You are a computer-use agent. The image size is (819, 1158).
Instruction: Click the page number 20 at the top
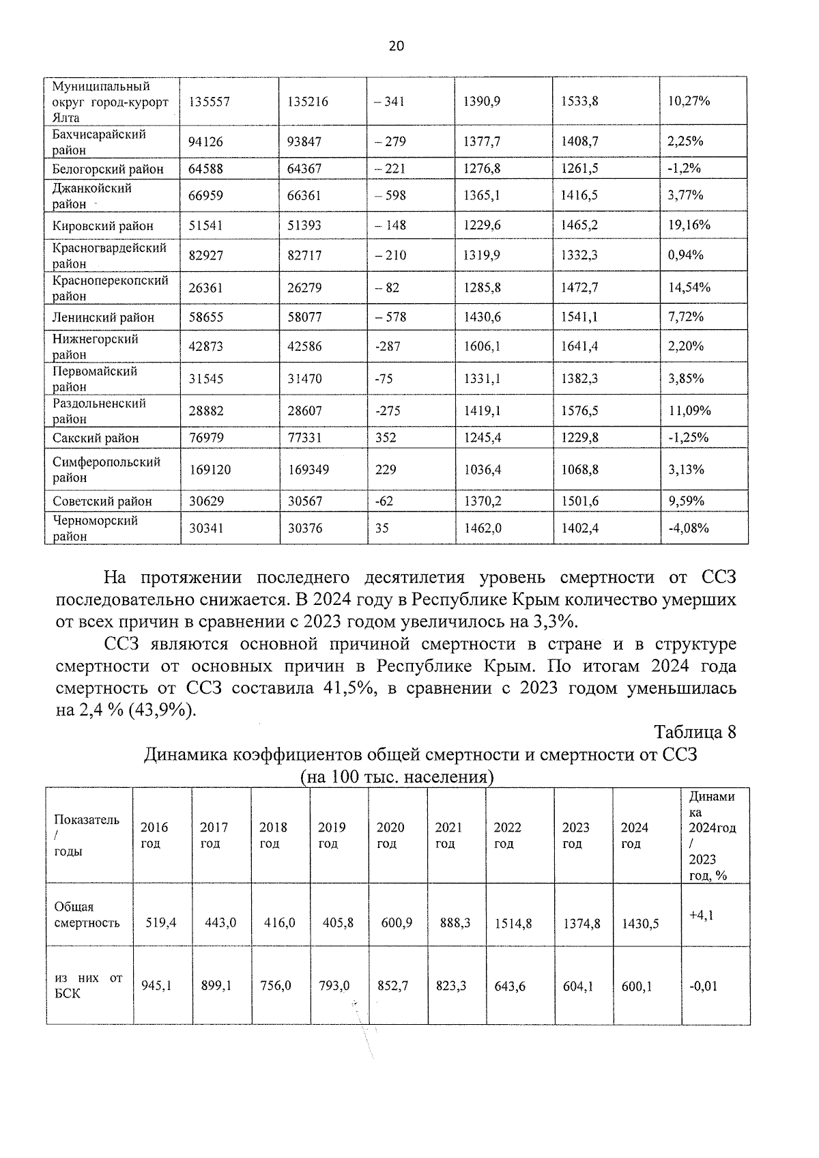point(396,46)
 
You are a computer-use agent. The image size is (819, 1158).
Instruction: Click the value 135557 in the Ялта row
point(209,102)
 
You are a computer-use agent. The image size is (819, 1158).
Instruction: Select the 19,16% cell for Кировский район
point(689,225)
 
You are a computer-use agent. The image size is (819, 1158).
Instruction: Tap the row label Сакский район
point(96,438)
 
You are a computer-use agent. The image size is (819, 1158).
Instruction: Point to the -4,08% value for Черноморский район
point(688,528)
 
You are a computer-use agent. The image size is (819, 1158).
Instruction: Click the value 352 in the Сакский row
point(386,438)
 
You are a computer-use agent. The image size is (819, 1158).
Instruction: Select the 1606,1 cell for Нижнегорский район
point(482,346)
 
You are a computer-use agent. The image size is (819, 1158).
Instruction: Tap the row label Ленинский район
point(104,317)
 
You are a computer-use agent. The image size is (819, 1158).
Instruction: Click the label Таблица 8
point(695,733)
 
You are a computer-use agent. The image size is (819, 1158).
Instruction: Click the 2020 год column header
point(390,835)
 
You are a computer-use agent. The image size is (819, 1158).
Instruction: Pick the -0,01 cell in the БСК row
point(703,987)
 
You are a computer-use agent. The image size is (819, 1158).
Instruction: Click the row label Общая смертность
point(87,915)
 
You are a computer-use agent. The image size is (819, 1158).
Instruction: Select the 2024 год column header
point(635,835)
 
